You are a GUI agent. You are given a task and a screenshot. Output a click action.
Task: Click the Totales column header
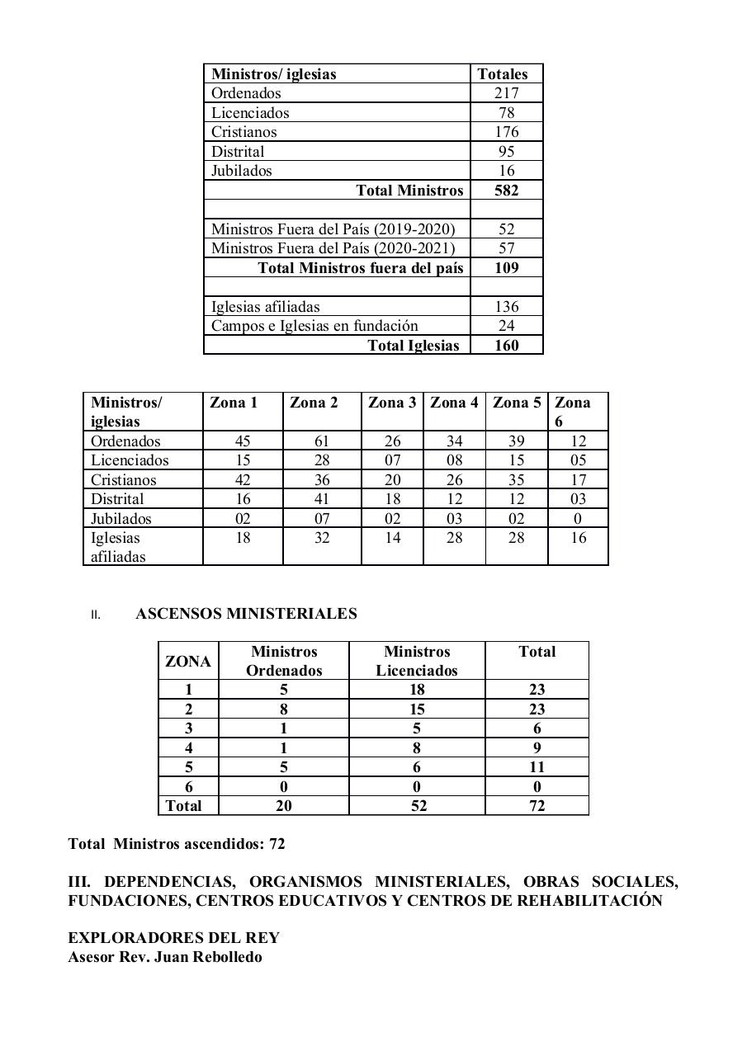point(502,73)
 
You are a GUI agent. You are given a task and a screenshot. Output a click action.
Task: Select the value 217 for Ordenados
point(506,93)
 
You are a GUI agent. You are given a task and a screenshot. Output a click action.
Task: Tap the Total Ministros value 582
point(506,191)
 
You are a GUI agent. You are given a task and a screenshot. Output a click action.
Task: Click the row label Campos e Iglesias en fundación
point(314,326)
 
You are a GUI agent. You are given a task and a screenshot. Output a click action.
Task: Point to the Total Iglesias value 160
point(506,346)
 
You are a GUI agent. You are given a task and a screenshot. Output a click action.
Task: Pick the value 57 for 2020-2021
point(506,248)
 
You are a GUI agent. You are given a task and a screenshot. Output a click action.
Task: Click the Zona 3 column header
point(392,403)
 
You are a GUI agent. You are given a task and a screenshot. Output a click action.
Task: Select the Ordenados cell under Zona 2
point(322,441)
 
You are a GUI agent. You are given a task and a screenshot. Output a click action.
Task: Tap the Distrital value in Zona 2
point(322,499)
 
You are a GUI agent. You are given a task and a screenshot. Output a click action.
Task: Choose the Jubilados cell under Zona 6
point(578,519)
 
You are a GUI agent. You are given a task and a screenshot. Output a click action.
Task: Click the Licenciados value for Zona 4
point(454,460)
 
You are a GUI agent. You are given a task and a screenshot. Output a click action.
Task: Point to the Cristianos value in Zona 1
point(243,480)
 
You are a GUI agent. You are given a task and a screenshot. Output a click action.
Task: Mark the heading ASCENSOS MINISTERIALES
point(246,614)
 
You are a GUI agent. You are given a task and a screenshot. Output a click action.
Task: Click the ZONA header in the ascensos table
point(188,662)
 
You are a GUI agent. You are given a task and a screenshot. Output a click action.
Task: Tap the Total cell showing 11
point(537,767)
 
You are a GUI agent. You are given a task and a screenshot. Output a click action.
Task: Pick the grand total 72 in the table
point(537,806)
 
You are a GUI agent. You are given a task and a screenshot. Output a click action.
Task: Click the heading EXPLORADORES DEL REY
point(173,938)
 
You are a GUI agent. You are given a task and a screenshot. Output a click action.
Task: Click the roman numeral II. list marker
point(96,615)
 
